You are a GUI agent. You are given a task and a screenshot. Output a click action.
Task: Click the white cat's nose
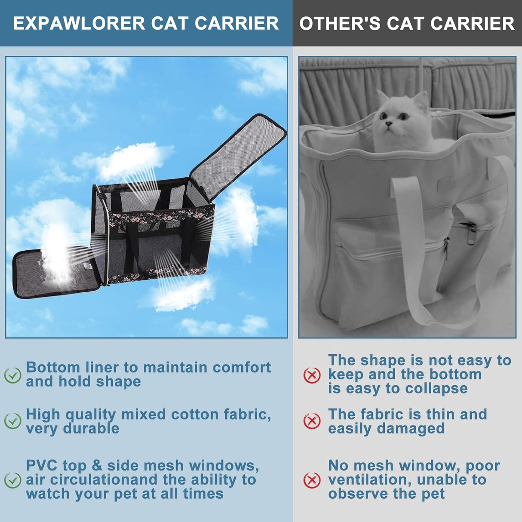(388, 124)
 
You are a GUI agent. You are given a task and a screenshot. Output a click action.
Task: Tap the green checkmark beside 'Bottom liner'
(12, 375)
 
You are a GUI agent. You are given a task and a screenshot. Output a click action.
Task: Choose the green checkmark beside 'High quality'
(12, 421)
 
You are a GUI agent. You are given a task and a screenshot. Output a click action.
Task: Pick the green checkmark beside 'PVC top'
(12, 480)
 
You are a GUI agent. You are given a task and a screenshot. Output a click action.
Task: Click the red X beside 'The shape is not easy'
(312, 375)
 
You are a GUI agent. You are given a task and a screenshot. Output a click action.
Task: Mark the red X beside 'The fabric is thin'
(312, 421)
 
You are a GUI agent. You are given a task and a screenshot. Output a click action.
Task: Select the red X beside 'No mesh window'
(312, 480)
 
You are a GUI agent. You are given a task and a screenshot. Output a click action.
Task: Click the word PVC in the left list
(41, 466)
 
